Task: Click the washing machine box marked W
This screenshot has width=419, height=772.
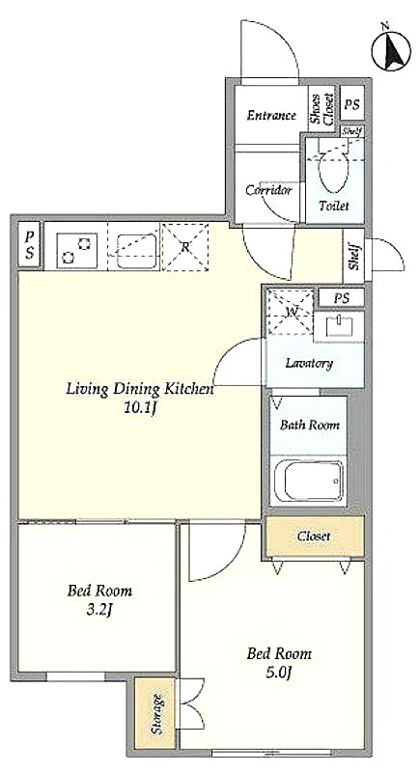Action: pos(291,312)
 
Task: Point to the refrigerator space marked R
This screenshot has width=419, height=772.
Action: pos(185,247)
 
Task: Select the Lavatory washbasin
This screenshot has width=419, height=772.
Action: pos(340,326)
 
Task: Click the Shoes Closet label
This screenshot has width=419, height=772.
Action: pos(321,108)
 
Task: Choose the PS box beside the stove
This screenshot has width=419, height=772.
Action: pos(30,245)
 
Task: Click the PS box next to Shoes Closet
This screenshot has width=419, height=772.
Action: pos(352,104)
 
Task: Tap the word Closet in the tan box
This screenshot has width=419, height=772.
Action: pos(314,537)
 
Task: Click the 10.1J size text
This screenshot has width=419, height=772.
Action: pos(141,407)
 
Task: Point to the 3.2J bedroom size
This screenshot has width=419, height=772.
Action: pos(100,611)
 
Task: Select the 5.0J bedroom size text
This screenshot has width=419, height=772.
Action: pos(279,672)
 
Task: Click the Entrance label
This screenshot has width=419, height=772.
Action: pos(271,116)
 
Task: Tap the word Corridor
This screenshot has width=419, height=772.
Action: pos(268,190)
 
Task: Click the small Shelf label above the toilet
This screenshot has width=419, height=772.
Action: pos(352,131)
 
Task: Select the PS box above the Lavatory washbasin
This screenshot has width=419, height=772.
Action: pos(341,298)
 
